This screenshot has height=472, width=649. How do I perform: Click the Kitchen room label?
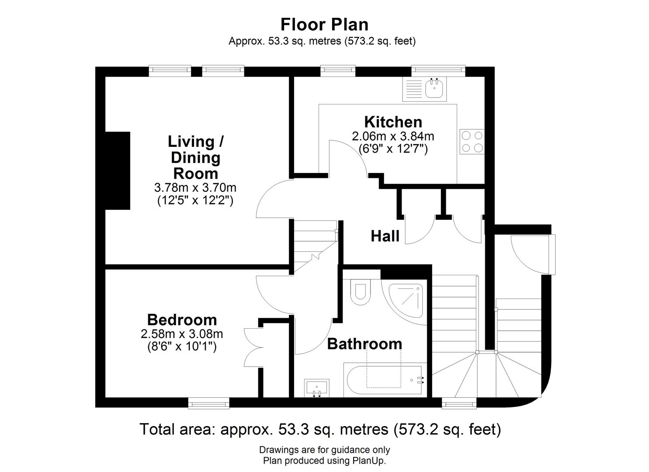[393, 122]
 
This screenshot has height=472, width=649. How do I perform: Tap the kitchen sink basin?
[434, 88]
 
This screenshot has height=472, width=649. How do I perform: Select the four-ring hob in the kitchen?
[472, 142]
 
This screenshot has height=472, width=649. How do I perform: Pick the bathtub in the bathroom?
[385, 380]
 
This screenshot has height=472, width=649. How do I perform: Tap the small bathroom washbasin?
[317, 388]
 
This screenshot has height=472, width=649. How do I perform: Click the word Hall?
[385, 236]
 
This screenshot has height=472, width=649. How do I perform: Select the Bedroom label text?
[182, 320]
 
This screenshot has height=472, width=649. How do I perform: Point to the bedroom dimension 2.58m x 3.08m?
[182, 334]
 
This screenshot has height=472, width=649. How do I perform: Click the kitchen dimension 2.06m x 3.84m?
[393, 136]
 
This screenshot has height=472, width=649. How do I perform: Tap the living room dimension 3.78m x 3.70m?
[195, 188]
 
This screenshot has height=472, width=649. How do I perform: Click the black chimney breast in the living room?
[117, 170]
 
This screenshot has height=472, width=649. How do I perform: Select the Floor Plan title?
[324, 24]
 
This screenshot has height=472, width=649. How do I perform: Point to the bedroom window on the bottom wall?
[208, 403]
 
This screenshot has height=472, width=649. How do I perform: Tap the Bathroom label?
[364, 344]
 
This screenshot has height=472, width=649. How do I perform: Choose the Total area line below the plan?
[320, 429]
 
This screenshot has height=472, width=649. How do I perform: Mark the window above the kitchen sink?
[438, 71]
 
